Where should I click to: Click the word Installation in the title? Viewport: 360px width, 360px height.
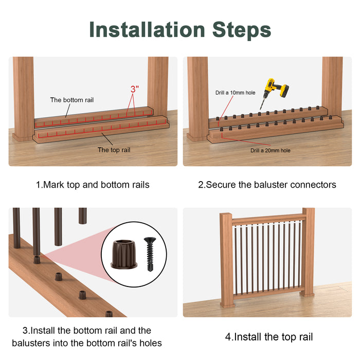tap(147, 30)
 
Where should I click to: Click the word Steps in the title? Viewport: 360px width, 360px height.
tap(242, 30)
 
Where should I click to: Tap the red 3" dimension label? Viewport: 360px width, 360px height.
tap(135, 89)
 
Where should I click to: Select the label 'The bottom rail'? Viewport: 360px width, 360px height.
tap(72, 100)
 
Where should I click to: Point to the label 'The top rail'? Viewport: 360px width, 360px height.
tap(114, 150)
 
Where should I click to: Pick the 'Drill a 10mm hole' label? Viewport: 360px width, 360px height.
tap(236, 93)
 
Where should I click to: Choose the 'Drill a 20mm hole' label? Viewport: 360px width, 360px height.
tap(271, 150)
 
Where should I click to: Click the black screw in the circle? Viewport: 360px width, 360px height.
tap(150, 254)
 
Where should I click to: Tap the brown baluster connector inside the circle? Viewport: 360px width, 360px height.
tap(124, 254)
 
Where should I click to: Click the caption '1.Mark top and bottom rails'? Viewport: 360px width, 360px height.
tap(93, 185)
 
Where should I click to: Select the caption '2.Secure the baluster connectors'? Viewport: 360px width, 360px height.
tap(267, 185)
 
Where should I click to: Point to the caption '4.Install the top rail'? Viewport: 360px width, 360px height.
tap(269, 337)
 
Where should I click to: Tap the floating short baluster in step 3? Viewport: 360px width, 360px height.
tap(83, 215)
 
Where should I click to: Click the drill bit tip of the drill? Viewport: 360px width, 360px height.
tap(260, 110)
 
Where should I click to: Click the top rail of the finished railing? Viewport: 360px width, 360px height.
tap(269, 220)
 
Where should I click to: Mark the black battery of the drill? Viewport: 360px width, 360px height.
tap(284, 91)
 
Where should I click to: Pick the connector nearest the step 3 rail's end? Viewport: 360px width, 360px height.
tap(109, 314)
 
